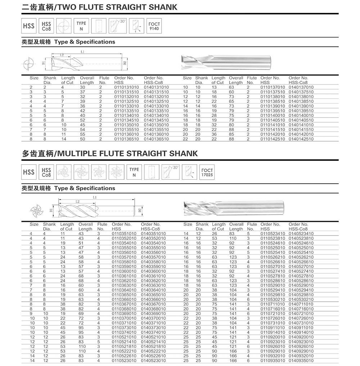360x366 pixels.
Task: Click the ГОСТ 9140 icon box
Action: click(x=154, y=26)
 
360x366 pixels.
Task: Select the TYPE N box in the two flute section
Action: click(x=81, y=26)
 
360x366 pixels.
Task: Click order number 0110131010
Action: click(x=126, y=87)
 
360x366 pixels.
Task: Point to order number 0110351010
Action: click(x=124, y=234)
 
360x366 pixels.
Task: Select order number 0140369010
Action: click(x=153, y=314)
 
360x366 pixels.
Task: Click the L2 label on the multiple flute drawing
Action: click(x=77, y=202)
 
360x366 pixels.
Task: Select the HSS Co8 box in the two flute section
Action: click(x=46, y=26)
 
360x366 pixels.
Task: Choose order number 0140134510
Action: click(x=156, y=120)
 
